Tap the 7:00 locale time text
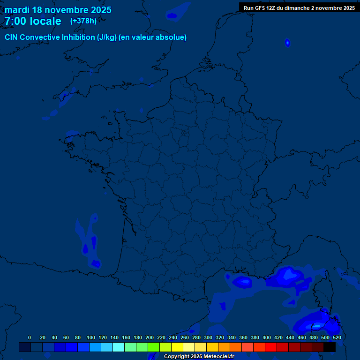coord(33,21)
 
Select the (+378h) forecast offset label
coord(83,21)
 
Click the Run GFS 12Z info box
coord(299,7)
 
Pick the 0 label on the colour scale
coord(30,337)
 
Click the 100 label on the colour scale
coord(91,337)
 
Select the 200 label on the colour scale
coord(150,337)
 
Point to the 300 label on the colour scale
coord(208,337)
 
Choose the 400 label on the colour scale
coord(267,337)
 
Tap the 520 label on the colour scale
coord(337,337)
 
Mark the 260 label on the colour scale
coord(185,337)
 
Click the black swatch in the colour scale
coord(330,347)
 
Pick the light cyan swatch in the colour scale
coord(119,347)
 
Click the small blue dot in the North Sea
coord(287,43)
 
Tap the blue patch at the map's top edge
coord(172,16)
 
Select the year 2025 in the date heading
coord(101,10)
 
